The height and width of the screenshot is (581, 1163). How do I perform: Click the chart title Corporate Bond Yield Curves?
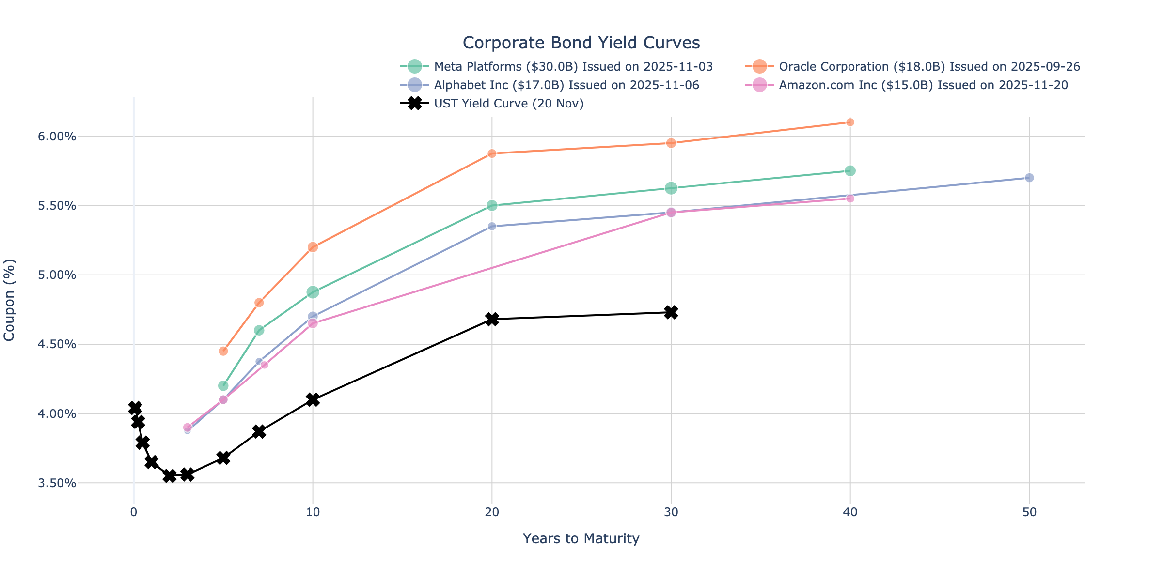click(x=581, y=43)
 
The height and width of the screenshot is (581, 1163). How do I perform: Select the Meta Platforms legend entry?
click(x=573, y=66)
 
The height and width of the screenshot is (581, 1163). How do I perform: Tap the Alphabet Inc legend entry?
click(x=566, y=85)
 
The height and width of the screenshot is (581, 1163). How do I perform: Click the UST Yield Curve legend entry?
click(x=509, y=104)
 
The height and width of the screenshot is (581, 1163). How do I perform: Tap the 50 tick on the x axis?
click(x=1029, y=513)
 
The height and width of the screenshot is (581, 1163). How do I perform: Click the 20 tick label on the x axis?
click(x=492, y=513)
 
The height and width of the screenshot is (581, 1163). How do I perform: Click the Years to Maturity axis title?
click(x=581, y=538)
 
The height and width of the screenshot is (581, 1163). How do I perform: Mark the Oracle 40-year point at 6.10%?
click(x=850, y=122)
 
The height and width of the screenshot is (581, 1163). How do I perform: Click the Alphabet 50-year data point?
click(x=1029, y=178)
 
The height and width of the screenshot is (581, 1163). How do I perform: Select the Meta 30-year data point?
click(x=671, y=188)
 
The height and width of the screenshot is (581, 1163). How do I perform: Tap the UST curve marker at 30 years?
click(x=671, y=312)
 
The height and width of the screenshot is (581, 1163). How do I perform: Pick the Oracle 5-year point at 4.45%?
click(x=223, y=351)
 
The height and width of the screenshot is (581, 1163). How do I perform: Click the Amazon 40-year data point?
click(x=850, y=199)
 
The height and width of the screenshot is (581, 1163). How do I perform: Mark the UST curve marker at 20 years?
click(x=492, y=319)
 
